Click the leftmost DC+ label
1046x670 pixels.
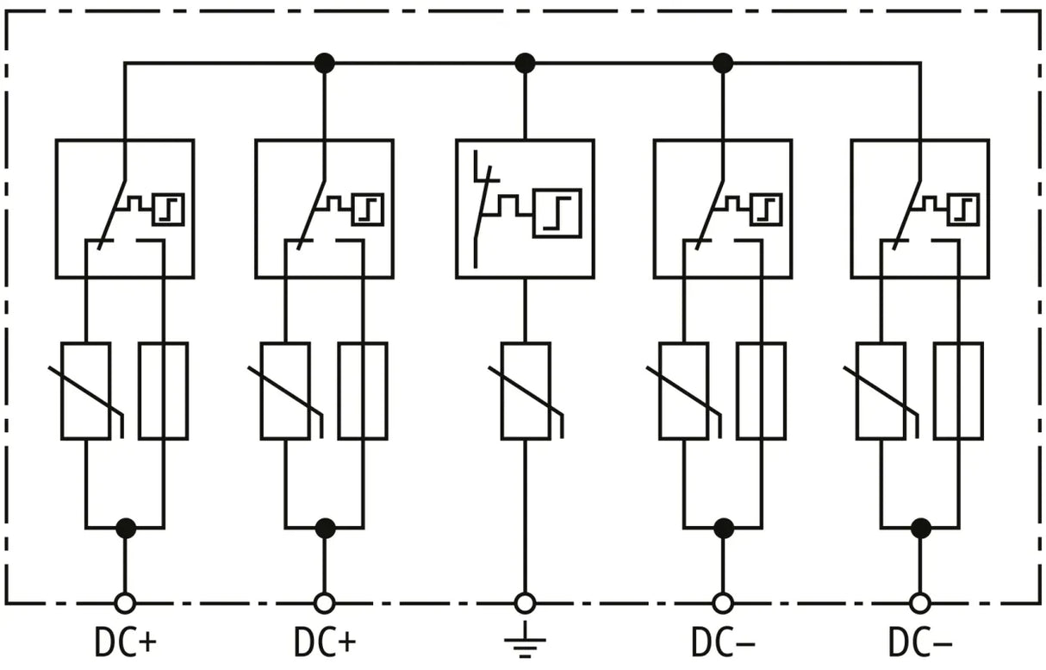coord(125,642)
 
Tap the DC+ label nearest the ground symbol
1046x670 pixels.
coord(325,642)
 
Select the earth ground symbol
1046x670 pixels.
coord(525,639)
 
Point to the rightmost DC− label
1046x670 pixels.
coord(920,642)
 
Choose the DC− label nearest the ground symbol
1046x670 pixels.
coord(723,642)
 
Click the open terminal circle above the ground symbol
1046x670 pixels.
coord(525,604)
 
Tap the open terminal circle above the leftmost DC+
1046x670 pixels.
coord(125,604)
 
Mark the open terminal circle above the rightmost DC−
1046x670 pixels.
coord(920,604)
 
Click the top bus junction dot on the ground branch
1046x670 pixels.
coord(525,63)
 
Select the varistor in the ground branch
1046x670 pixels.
coord(526,391)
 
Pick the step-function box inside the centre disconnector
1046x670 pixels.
coord(557,213)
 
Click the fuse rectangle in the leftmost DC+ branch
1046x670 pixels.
coord(164,391)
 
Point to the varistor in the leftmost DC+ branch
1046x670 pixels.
coord(86,391)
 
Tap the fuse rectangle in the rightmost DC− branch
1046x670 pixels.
coord(959,391)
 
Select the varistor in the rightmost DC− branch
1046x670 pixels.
coord(881,391)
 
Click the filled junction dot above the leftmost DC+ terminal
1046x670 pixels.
coord(126,529)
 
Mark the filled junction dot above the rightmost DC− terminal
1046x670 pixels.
coord(921,529)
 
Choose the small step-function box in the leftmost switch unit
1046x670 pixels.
coord(169,210)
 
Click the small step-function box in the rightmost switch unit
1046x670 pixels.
coord(963,210)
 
